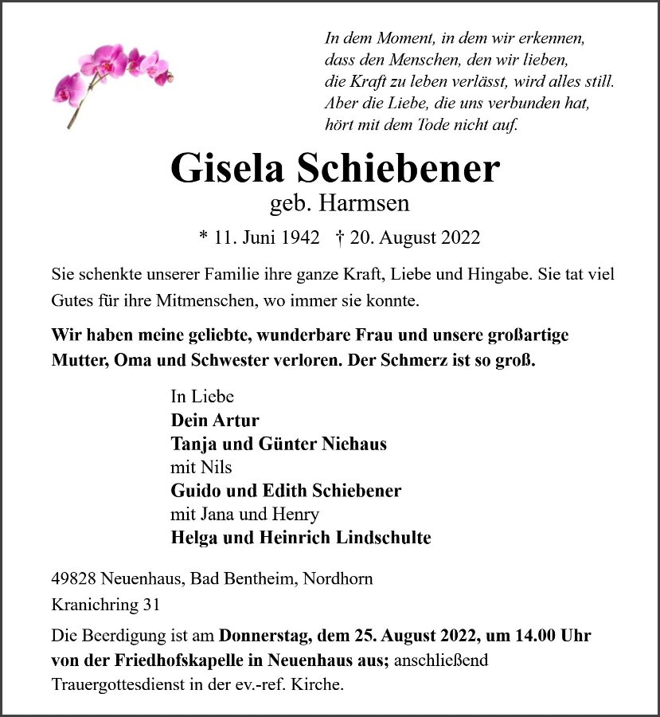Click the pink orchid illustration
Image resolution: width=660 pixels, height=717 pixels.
[x=111, y=76]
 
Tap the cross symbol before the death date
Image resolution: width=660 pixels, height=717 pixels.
[x=341, y=237]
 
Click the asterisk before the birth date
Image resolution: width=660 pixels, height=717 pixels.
[x=204, y=238]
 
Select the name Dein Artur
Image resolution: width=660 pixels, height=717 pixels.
[x=215, y=420]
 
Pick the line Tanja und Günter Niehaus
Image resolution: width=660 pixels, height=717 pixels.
[x=279, y=444]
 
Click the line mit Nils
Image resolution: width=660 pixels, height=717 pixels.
[x=201, y=467]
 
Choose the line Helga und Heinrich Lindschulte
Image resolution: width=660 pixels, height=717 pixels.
[x=301, y=538]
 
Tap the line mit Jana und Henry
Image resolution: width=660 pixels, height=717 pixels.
[x=245, y=514]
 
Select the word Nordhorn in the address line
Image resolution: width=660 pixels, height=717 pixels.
[x=338, y=579]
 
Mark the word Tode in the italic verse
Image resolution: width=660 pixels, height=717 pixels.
[x=430, y=124]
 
